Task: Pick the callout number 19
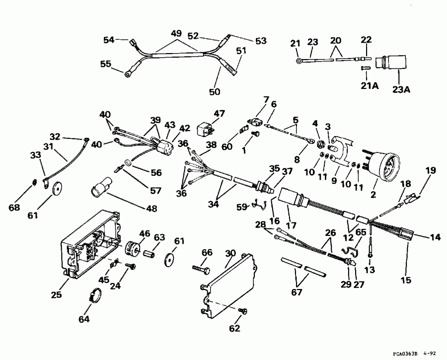coord(430,171)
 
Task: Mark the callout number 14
coord(435,238)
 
